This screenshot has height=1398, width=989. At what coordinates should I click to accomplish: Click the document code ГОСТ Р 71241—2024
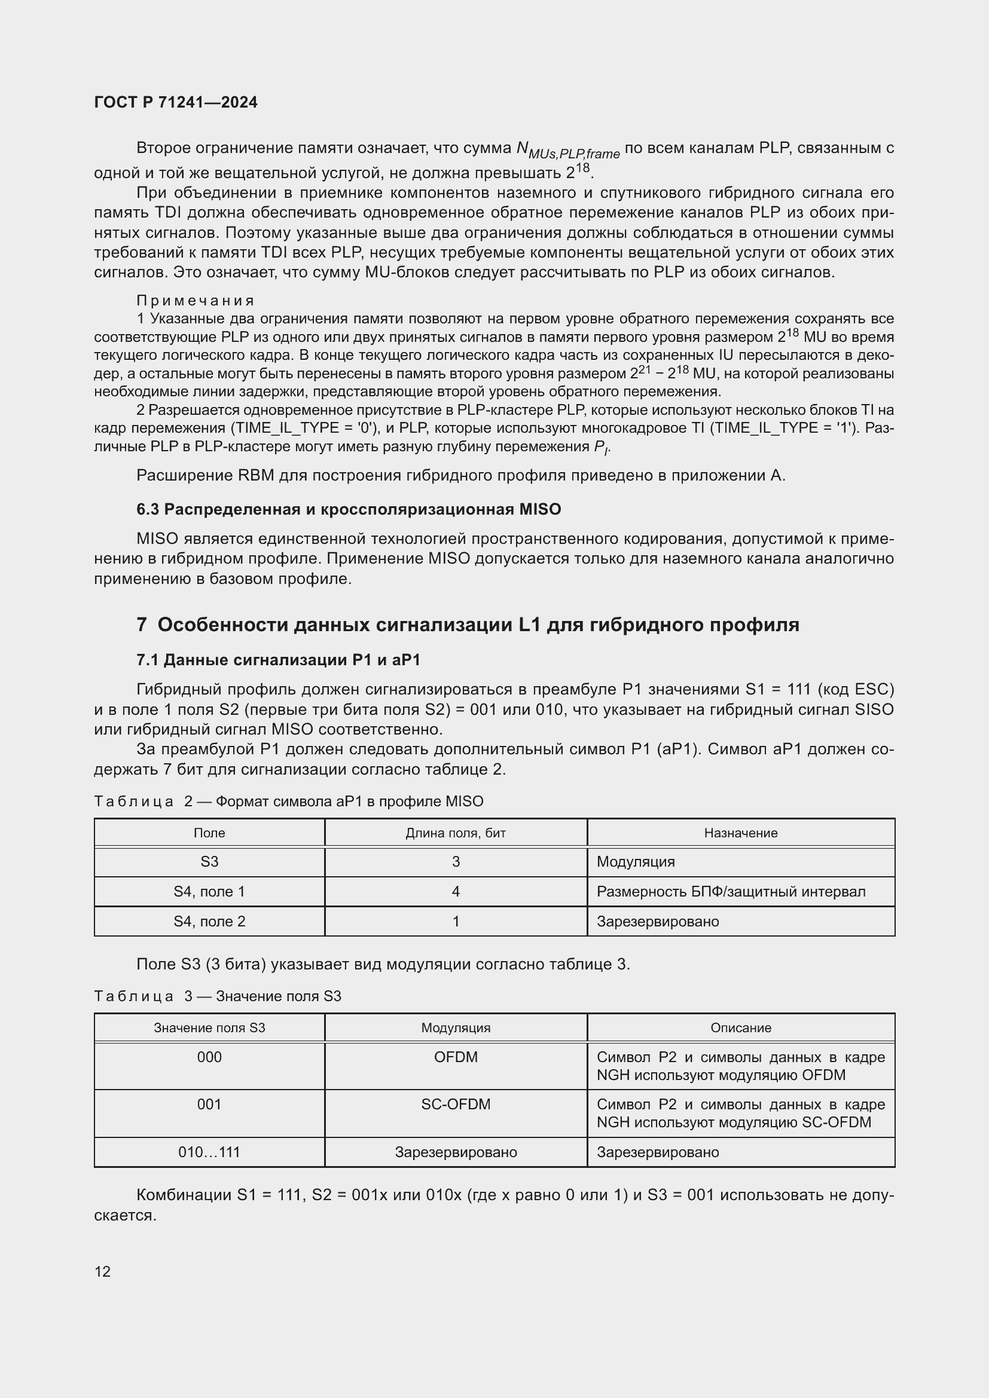[x=176, y=102]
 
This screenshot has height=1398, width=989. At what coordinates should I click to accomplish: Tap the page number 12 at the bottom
[x=102, y=1271]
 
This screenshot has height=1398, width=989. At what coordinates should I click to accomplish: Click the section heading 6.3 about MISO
[x=349, y=509]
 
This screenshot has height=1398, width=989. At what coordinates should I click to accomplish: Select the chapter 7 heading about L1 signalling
[x=468, y=625]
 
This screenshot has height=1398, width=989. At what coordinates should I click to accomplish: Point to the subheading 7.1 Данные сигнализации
[x=278, y=660]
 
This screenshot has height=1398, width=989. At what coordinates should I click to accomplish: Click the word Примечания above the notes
[x=195, y=300]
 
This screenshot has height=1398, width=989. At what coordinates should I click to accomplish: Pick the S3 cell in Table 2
[x=209, y=862]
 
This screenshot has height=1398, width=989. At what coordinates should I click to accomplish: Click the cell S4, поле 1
[x=209, y=891]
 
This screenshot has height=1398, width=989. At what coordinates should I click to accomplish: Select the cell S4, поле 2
[x=209, y=921]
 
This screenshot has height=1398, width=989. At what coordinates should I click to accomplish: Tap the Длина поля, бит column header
[x=456, y=833]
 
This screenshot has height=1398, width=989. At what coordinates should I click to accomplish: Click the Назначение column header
[x=740, y=833]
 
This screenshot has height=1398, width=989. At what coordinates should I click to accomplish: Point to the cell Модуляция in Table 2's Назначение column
[x=636, y=862]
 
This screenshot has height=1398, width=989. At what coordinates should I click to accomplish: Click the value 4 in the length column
[x=456, y=891]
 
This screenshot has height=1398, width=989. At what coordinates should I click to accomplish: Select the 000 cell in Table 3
[x=209, y=1057]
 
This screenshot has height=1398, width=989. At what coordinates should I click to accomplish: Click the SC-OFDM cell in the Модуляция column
[x=456, y=1104]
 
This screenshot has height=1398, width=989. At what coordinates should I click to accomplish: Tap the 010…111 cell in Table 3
[x=209, y=1152]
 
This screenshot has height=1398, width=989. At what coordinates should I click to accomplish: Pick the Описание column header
[x=740, y=1028]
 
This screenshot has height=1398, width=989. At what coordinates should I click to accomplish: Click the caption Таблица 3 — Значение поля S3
[x=218, y=996]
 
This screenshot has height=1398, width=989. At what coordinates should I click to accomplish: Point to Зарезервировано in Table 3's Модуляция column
[x=456, y=1152]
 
